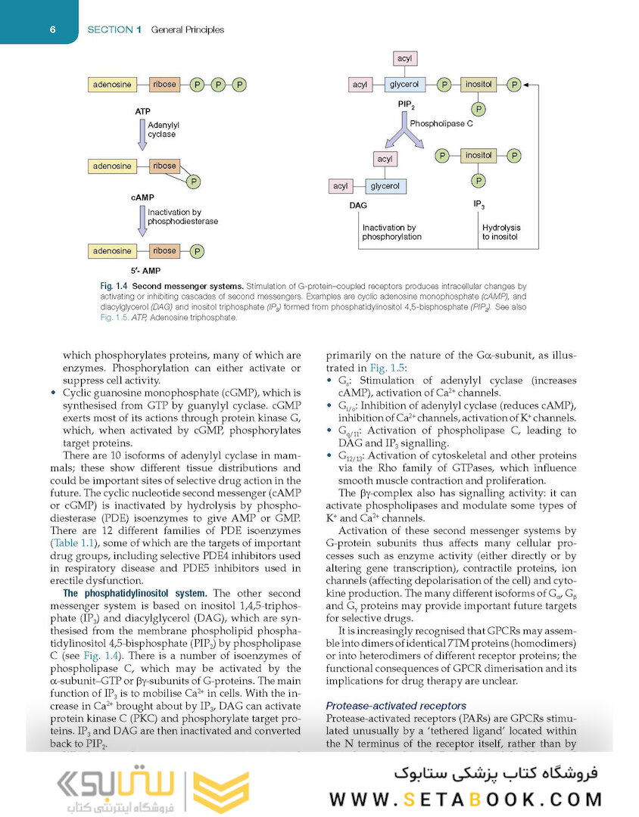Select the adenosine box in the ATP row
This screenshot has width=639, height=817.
(x=112, y=85)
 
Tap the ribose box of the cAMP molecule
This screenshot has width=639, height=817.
(x=164, y=166)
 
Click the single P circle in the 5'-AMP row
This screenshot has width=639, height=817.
(x=197, y=251)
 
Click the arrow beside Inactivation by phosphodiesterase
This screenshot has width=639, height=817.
(x=141, y=219)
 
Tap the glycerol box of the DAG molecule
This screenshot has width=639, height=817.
(x=385, y=186)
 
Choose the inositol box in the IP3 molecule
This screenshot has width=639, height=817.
(x=478, y=156)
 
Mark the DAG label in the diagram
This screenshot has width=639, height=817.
(x=358, y=206)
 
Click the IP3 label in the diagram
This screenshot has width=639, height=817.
(x=478, y=205)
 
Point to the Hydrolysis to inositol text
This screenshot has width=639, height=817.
(x=501, y=231)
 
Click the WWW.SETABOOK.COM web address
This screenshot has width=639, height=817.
(x=465, y=799)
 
